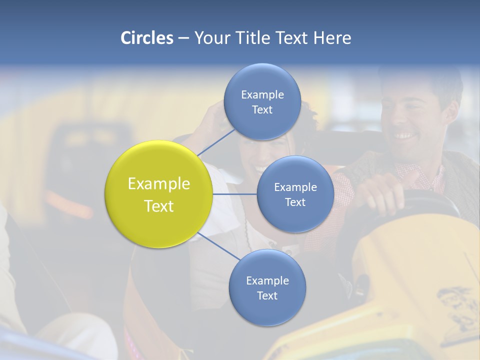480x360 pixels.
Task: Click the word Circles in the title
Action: point(146,38)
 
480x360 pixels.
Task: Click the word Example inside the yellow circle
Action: point(158,184)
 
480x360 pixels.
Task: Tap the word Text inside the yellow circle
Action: point(158,206)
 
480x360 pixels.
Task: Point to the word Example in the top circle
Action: point(262,95)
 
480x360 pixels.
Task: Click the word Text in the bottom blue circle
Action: point(267,295)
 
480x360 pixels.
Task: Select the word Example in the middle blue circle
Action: point(295,187)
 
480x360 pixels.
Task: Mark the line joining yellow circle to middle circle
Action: point(235,194)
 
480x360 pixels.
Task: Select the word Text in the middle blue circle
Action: point(295,202)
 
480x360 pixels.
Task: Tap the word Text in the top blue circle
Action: point(262,110)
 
